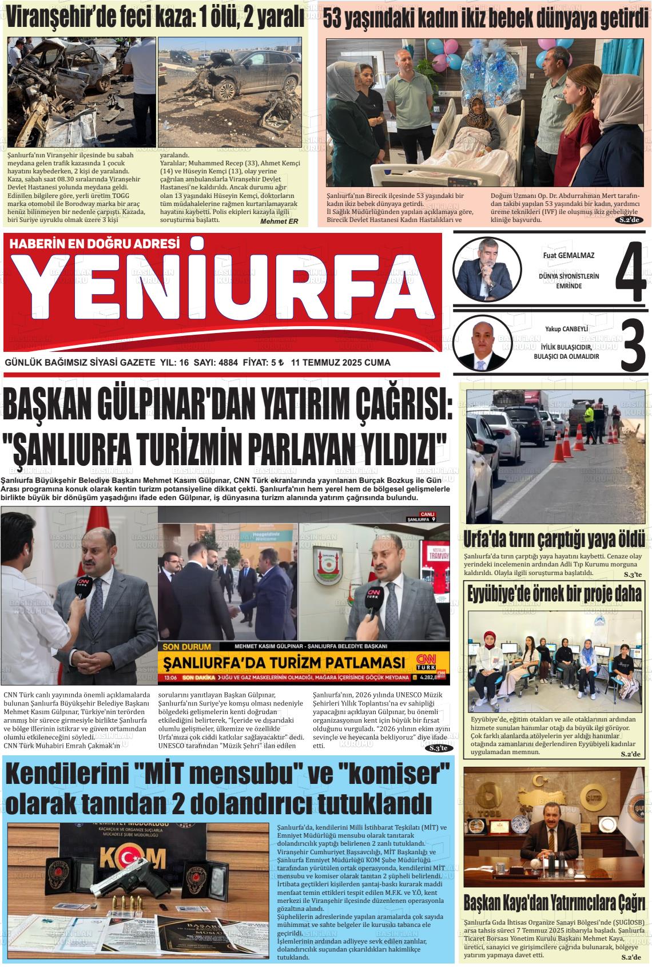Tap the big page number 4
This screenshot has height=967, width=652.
point(630,267)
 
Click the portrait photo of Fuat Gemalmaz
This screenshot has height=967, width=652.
point(487,267)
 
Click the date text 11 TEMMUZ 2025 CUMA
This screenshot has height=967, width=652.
point(340,363)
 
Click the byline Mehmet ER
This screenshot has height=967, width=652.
point(279,221)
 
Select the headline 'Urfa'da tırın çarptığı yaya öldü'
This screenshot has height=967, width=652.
point(554,539)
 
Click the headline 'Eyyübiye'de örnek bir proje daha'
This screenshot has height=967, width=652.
point(554,594)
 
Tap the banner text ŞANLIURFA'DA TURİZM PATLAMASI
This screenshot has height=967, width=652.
point(284,663)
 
